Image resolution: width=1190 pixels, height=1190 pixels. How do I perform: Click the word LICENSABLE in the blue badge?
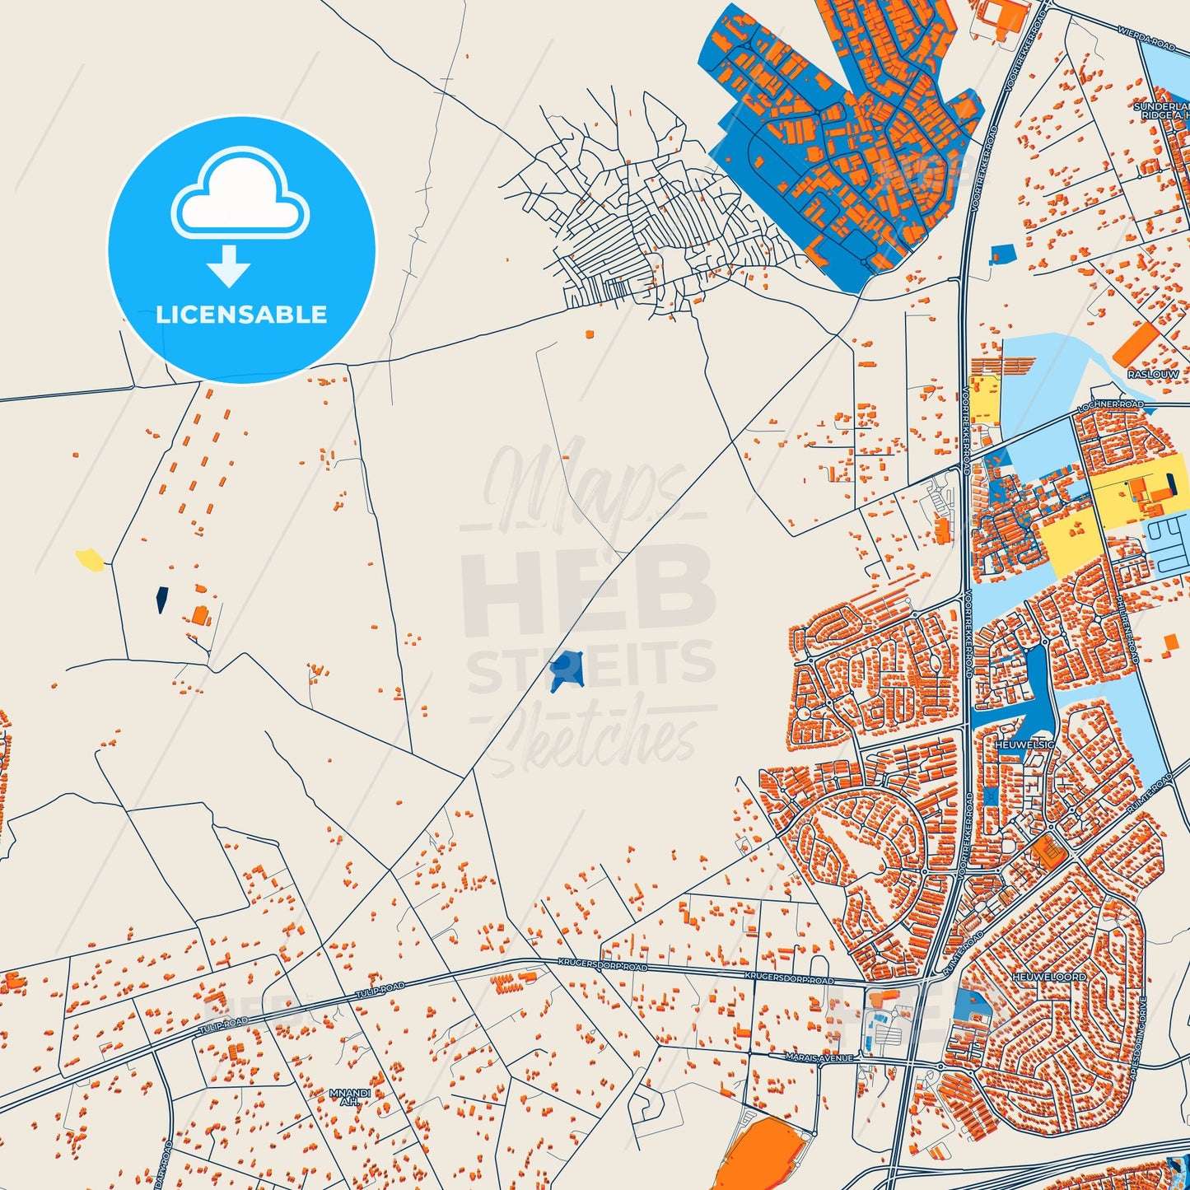(x=241, y=315)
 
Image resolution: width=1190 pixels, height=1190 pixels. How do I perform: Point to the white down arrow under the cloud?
(x=229, y=266)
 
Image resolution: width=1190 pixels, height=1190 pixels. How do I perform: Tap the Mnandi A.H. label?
(x=350, y=1097)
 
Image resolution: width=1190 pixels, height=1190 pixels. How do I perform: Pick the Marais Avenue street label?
(x=819, y=1057)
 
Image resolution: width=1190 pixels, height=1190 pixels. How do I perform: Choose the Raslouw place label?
(x=1153, y=374)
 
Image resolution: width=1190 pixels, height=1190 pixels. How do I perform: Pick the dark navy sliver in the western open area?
(x=161, y=600)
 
